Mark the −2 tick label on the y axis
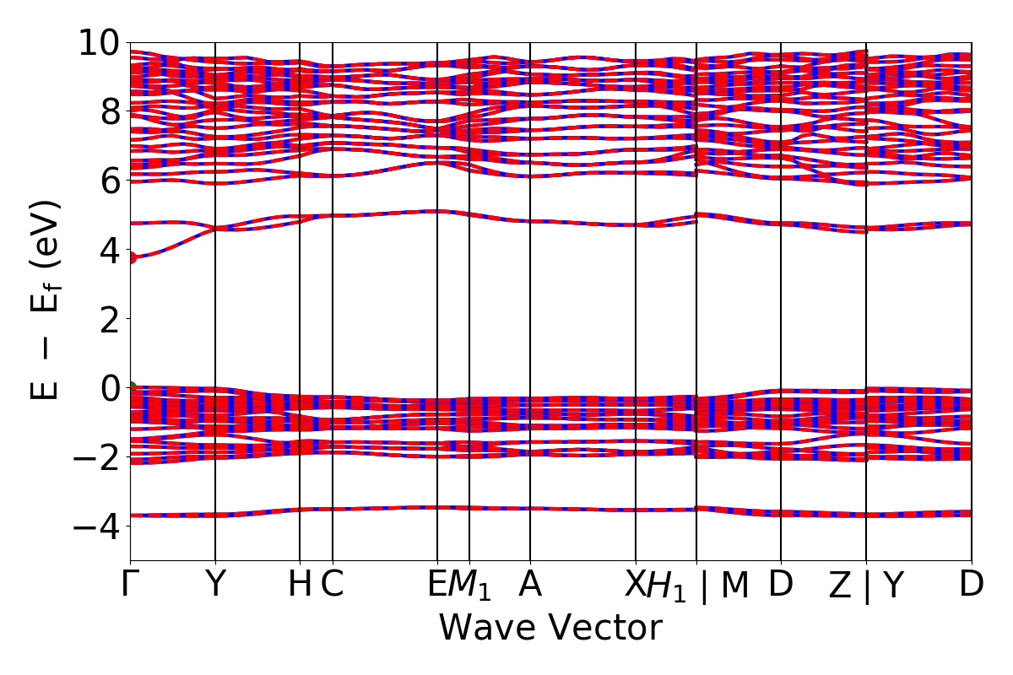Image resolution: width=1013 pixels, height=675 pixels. (x=95, y=457)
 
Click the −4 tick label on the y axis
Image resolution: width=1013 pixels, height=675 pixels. (x=95, y=526)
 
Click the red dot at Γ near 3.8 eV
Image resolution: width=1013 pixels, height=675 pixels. (x=131, y=257)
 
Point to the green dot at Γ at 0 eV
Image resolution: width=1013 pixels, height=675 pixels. (x=131, y=387)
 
